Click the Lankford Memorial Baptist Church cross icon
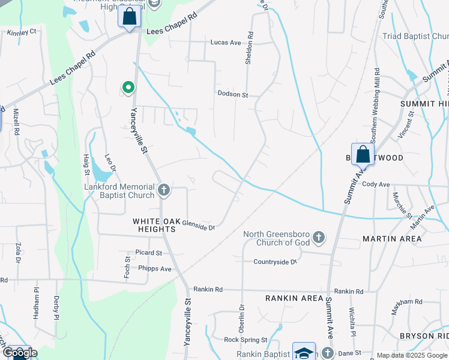pos(164,191)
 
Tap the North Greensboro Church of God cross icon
pos(319,238)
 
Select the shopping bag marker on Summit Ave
pos(363,155)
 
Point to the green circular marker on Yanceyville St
pos(128,88)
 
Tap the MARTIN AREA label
pos(392,239)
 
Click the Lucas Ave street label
pos(225,43)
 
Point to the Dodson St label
pos(232,95)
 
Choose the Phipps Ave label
pos(154,269)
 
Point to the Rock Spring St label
pos(245,340)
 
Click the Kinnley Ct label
pos(22,31)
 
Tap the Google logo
pos(19,353)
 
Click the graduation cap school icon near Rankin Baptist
pos(304,352)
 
